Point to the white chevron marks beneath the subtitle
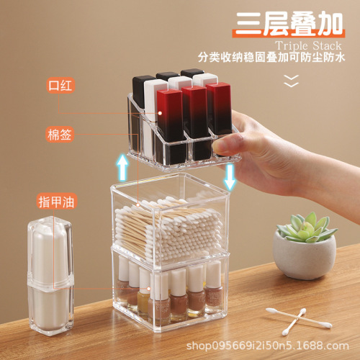tap(291, 81)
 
